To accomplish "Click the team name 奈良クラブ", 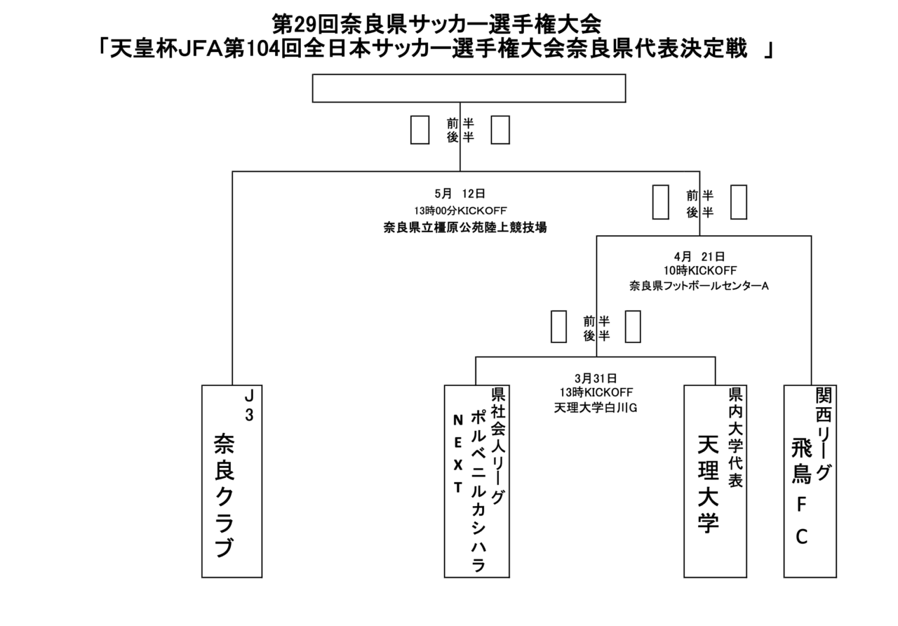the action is pos(224,495).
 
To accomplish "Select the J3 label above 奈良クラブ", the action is pos(249,406).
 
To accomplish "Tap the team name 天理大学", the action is pos(708,484).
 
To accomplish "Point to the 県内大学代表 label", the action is pos(735,437).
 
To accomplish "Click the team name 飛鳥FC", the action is pos(801,492).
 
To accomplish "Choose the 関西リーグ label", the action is pos(824,434).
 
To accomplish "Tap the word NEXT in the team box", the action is pos(458,453).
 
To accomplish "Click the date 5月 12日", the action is pos(460,194).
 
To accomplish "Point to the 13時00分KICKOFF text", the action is pos(460,211).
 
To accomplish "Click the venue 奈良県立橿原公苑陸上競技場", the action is pos(465,228).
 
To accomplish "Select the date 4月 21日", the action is pos(699,256).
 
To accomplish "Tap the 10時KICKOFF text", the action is pos(700,271).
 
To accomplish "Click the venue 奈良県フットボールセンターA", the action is pos(699,286).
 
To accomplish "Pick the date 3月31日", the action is pos(596,378).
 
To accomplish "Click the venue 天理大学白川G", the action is pos(596,408).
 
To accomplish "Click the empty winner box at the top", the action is pos(469,88).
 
